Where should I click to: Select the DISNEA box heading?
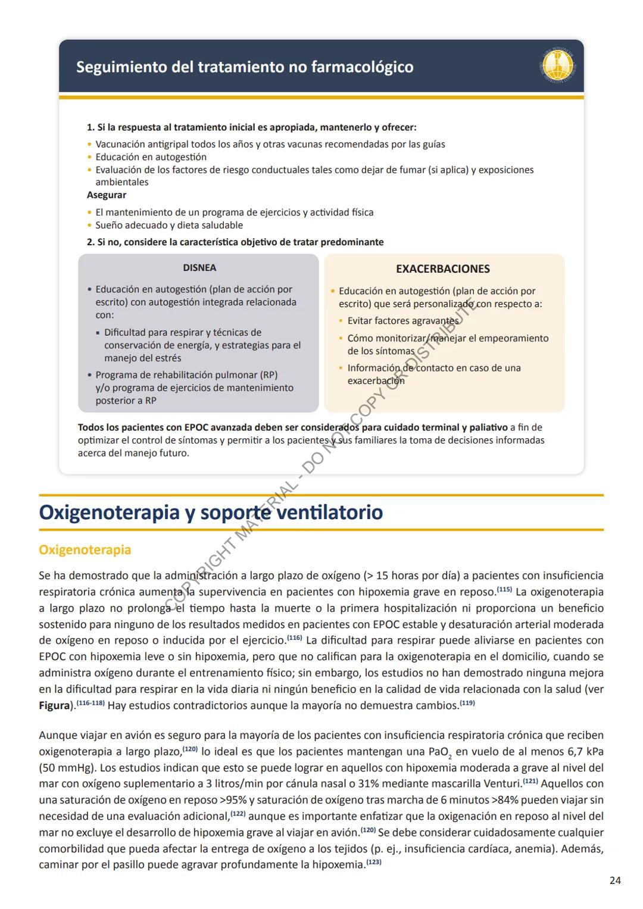click(199, 268)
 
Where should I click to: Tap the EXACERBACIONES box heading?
click(443, 269)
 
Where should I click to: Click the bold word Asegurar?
click(107, 195)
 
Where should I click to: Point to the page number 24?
click(615, 880)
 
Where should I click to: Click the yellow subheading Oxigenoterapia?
click(85, 549)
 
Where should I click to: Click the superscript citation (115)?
click(504, 589)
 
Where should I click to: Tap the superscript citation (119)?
click(467, 703)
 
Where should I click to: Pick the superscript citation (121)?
click(530, 781)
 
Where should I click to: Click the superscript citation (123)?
click(373, 862)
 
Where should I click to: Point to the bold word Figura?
click(54, 705)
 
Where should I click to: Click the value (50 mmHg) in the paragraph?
click(66, 768)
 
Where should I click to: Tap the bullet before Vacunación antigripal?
click(90, 145)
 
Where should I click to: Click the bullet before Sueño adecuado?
click(90, 226)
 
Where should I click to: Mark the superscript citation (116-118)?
click(90, 703)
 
